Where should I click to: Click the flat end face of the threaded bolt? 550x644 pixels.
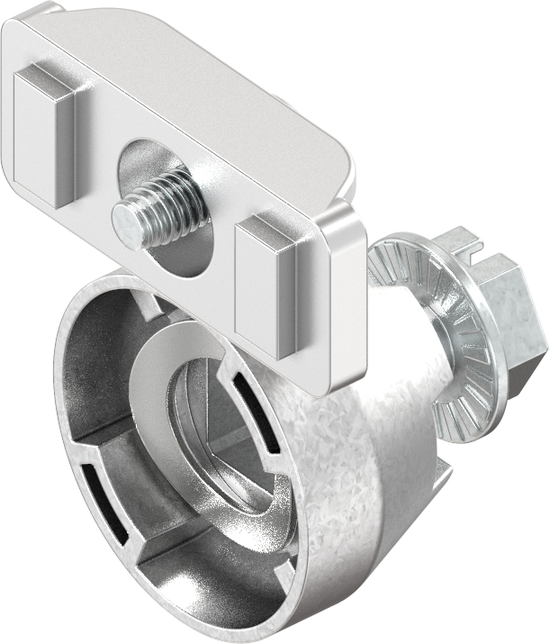[127, 224]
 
